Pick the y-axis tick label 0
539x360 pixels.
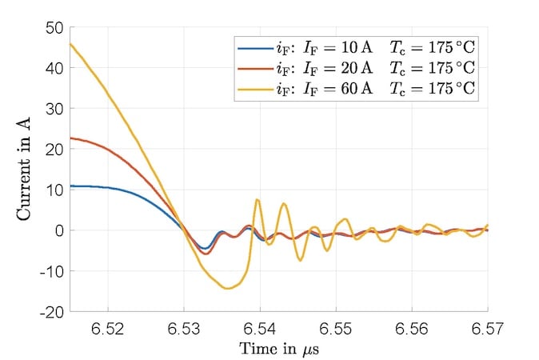click(x=58, y=230)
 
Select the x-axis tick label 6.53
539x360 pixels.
click(x=184, y=328)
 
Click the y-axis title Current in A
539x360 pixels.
click(x=25, y=170)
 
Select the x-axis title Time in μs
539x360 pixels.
click(x=279, y=349)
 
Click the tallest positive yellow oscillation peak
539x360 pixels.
click(x=257, y=199)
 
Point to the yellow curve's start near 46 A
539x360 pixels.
click(x=71, y=44)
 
